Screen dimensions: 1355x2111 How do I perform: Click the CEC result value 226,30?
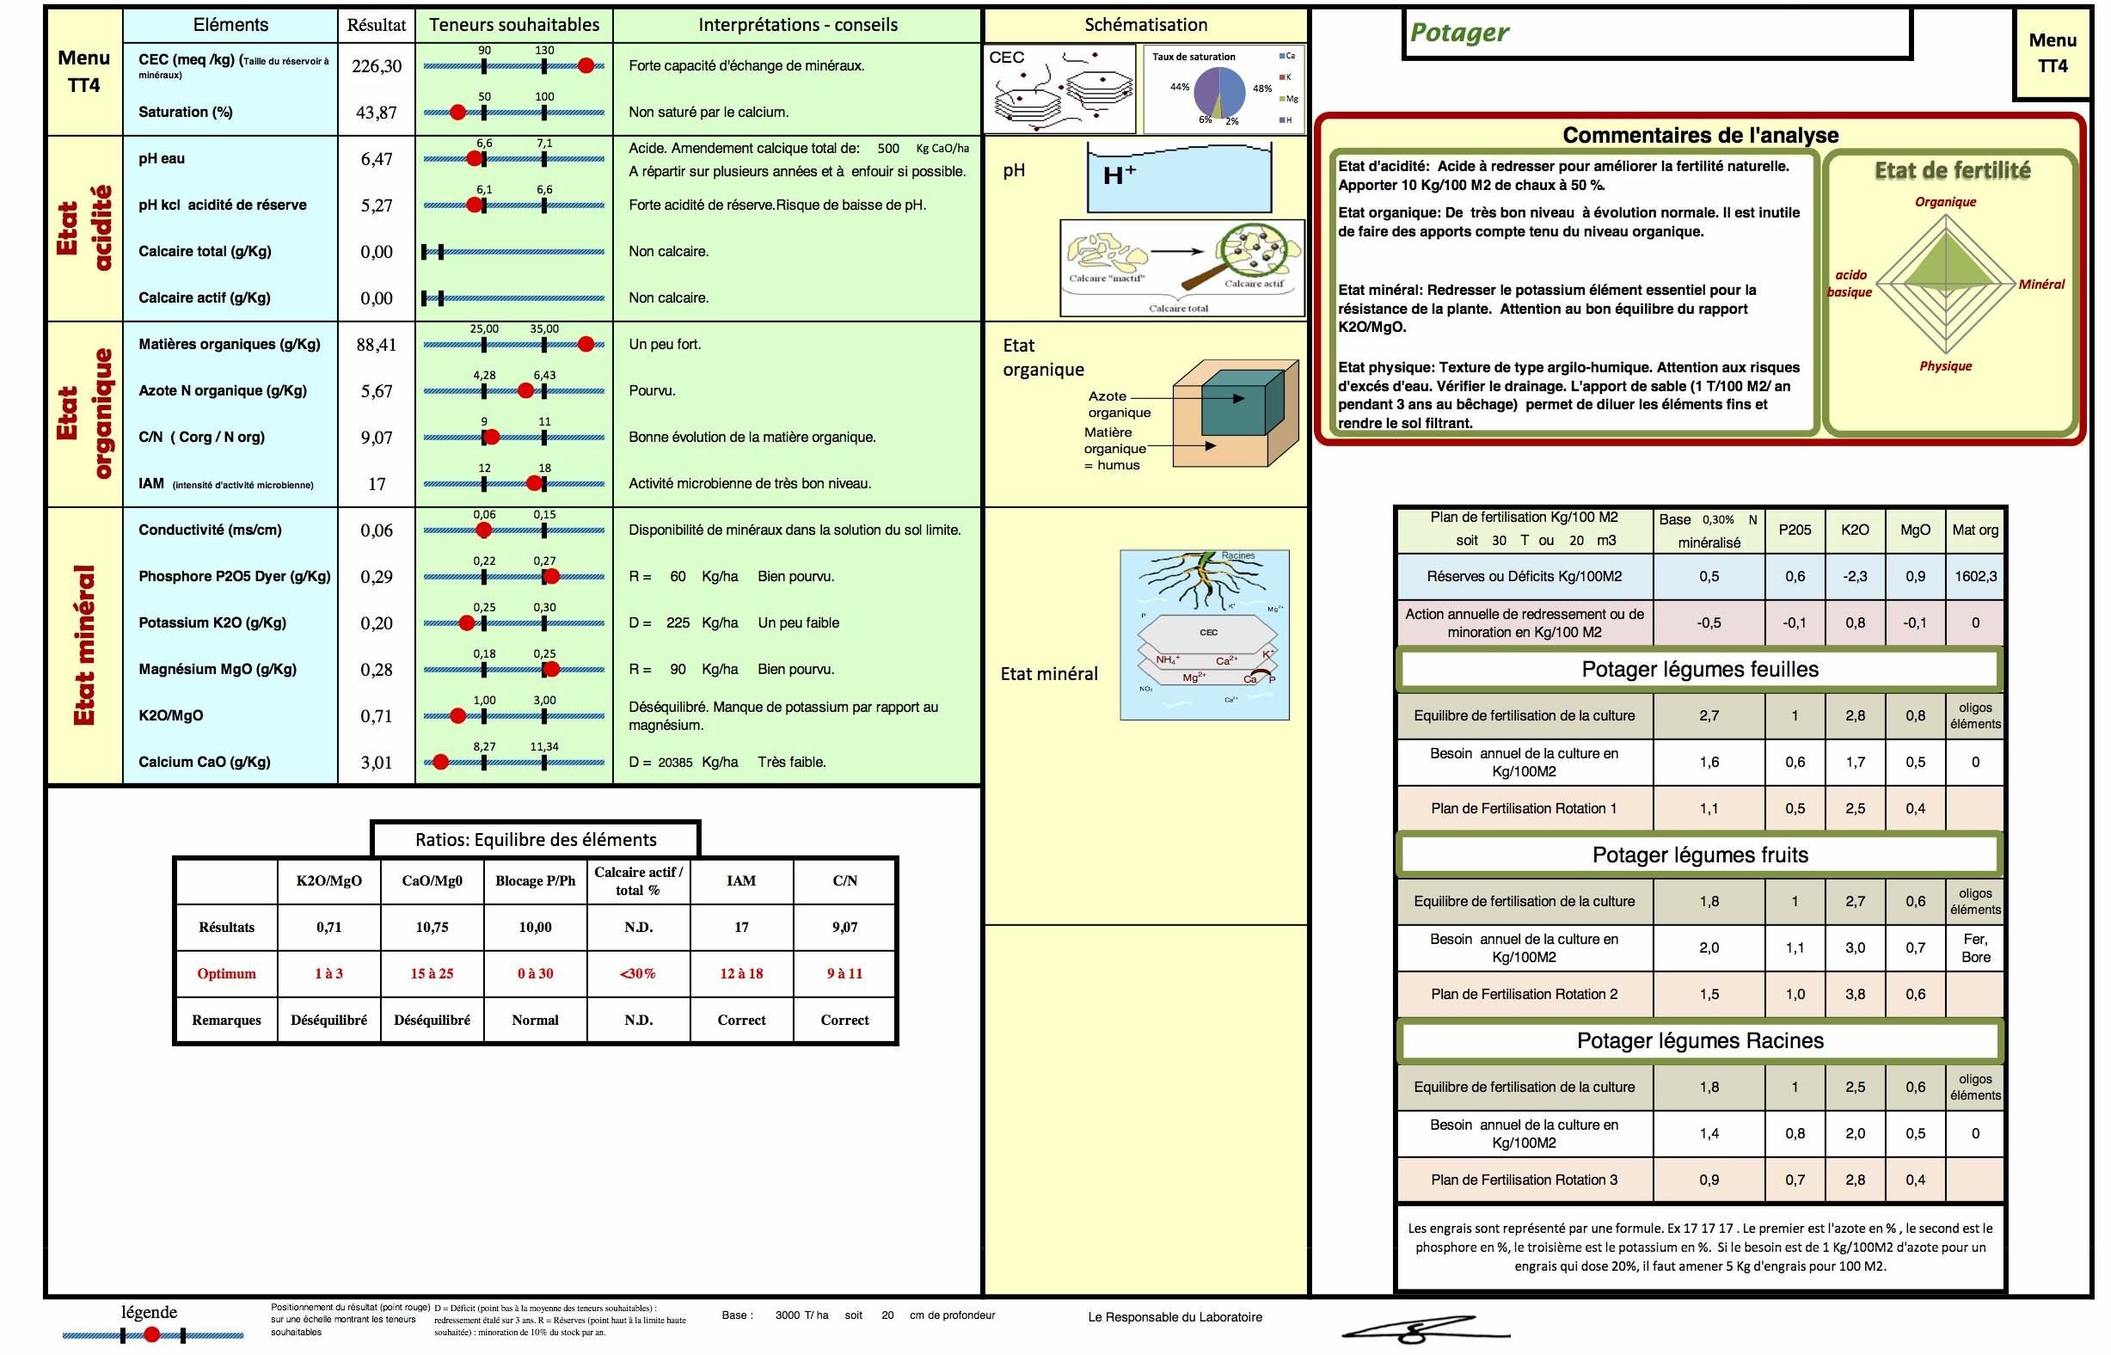[376, 66]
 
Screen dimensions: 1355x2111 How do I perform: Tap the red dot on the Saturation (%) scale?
[457, 112]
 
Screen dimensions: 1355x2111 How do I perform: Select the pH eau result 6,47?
[376, 159]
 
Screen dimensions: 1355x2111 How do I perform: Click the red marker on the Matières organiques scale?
[586, 344]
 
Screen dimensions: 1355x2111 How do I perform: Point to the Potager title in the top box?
[1459, 33]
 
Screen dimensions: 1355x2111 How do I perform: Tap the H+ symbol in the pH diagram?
[1119, 175]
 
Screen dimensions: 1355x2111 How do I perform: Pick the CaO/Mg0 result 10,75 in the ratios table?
[432, 928]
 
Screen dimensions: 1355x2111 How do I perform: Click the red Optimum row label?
[226, 974]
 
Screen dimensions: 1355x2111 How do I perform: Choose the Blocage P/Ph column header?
[535, 880]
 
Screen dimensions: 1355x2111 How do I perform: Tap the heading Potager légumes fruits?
[1699, 855]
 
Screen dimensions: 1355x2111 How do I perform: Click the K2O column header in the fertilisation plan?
[1855, 530]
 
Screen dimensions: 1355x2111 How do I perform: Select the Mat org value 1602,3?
[1975, 576]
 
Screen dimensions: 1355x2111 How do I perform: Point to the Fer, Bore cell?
[1975, 947]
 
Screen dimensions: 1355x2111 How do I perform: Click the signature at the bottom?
[1417, 1327]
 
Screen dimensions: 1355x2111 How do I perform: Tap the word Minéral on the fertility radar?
[2040, 285]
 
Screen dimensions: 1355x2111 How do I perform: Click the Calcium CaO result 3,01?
[376, 763]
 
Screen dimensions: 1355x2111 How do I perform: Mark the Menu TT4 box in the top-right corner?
[2052, 53]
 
